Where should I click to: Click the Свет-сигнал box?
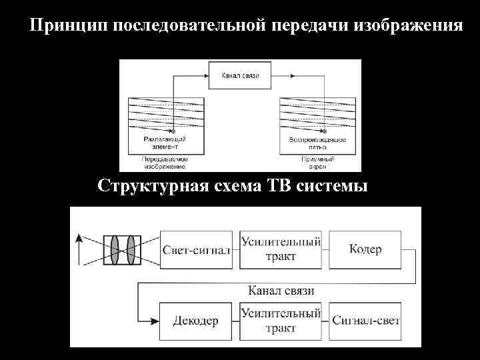(197, 249)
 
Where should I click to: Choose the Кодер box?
(365, 249)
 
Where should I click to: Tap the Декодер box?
(197, 321)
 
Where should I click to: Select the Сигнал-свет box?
(365, 321)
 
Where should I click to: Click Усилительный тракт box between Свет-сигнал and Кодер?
(281, 249)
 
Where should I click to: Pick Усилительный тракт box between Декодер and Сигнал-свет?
(281, 321)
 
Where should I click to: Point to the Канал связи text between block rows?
(281, 291)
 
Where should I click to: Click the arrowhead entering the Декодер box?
(155, 321)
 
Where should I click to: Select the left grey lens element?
(115, 250)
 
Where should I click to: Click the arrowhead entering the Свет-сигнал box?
(155, 250)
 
